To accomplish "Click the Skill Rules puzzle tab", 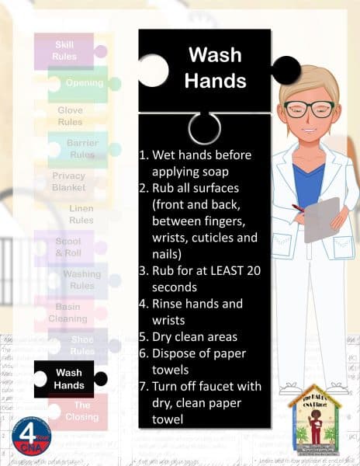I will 64,51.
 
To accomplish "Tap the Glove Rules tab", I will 70,116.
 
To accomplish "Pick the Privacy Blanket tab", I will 68,182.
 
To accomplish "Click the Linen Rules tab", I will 81,214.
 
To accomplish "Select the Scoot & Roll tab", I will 67,247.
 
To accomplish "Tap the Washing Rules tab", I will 81,280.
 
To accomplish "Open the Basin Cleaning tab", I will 67,312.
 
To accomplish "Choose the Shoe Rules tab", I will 81,345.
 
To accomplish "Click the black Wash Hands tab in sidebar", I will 68,378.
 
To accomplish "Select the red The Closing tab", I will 81,411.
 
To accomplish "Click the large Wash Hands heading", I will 205,68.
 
